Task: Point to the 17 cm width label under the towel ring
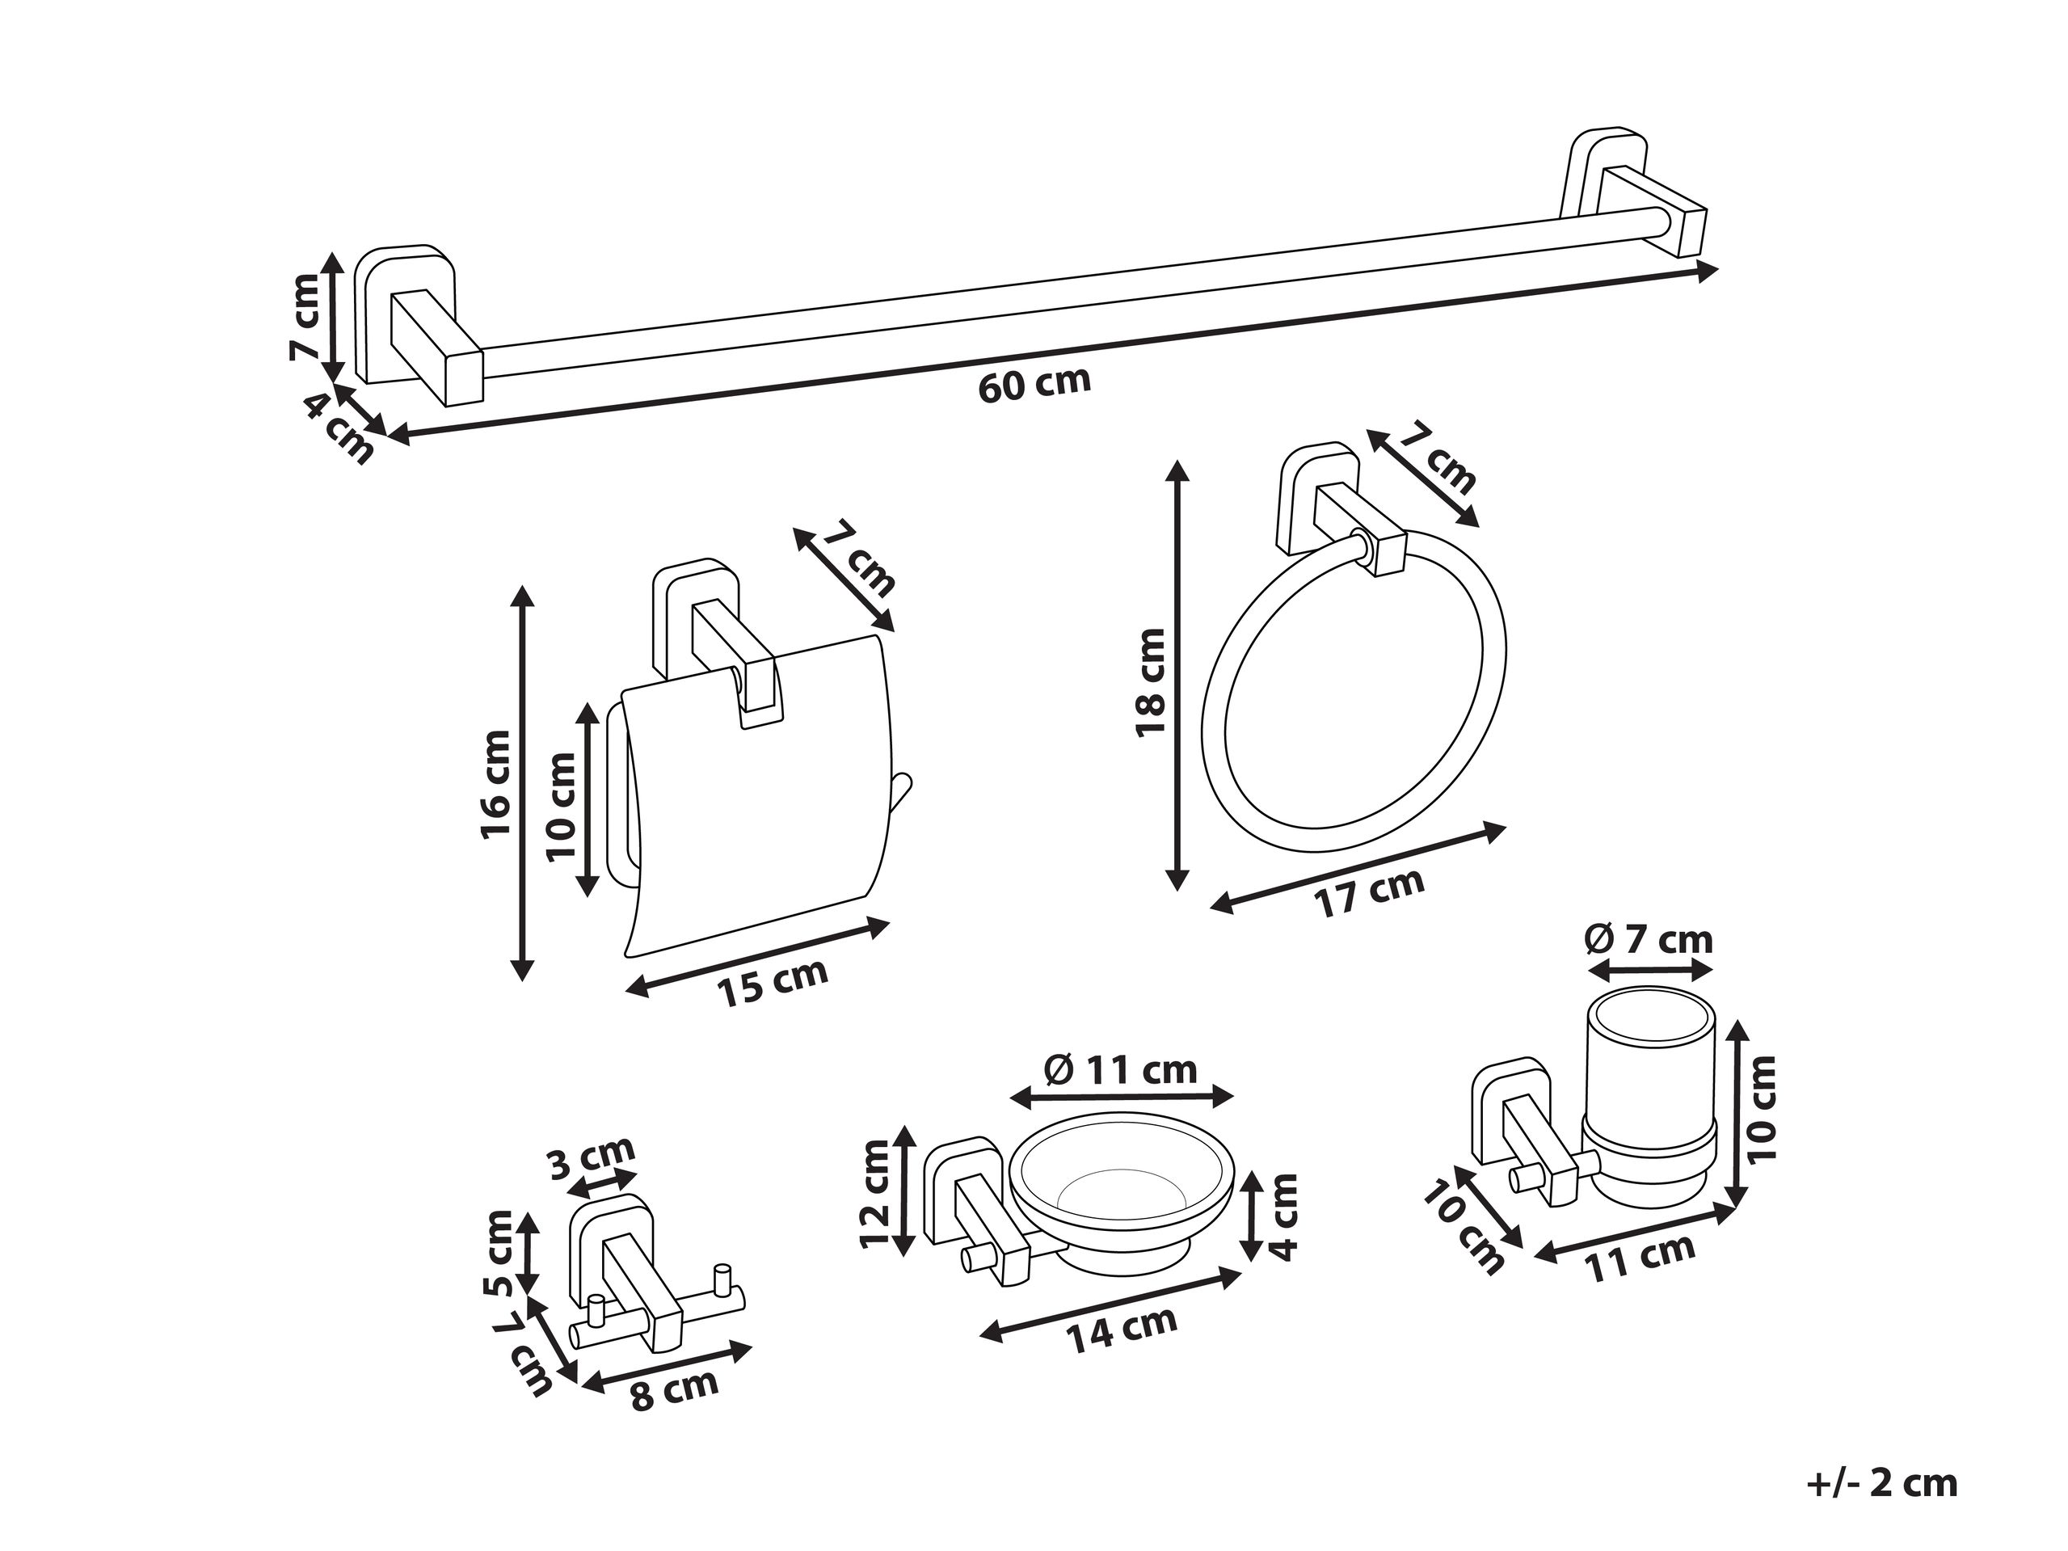pyautogui.click(x=1369, y=893)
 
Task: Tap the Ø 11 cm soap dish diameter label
pyautogui.click(x=1120, y=1069)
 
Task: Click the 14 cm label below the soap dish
pyautogui.click(x=1122, y=1329)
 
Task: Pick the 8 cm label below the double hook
pyautogui.click(x=674, y=1390)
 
